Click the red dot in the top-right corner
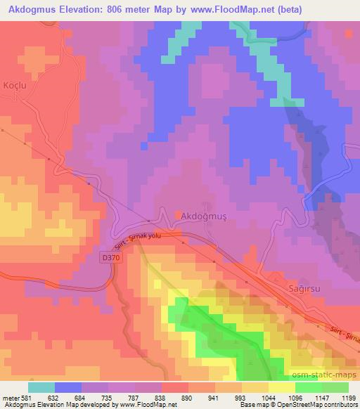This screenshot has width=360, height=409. coord(349,33)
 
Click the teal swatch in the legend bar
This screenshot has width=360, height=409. coord(41,387)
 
